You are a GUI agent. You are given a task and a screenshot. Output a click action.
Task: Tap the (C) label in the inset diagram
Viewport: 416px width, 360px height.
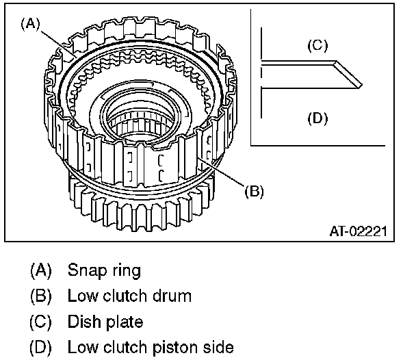317,46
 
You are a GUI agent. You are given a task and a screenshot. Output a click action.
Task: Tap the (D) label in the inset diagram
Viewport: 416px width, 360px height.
317,118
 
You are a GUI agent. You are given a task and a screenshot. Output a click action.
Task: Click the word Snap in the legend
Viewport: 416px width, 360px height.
83,270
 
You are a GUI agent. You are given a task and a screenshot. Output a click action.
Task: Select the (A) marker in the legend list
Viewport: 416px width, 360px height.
40,270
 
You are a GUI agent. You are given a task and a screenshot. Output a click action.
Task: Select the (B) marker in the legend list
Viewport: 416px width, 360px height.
40,296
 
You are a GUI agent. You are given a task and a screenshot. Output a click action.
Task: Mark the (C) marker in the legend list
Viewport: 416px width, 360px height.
40,322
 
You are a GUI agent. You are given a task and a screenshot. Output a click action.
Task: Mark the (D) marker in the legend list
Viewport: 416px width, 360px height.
40,348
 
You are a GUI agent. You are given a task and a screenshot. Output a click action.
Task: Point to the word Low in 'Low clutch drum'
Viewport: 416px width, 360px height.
80,296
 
